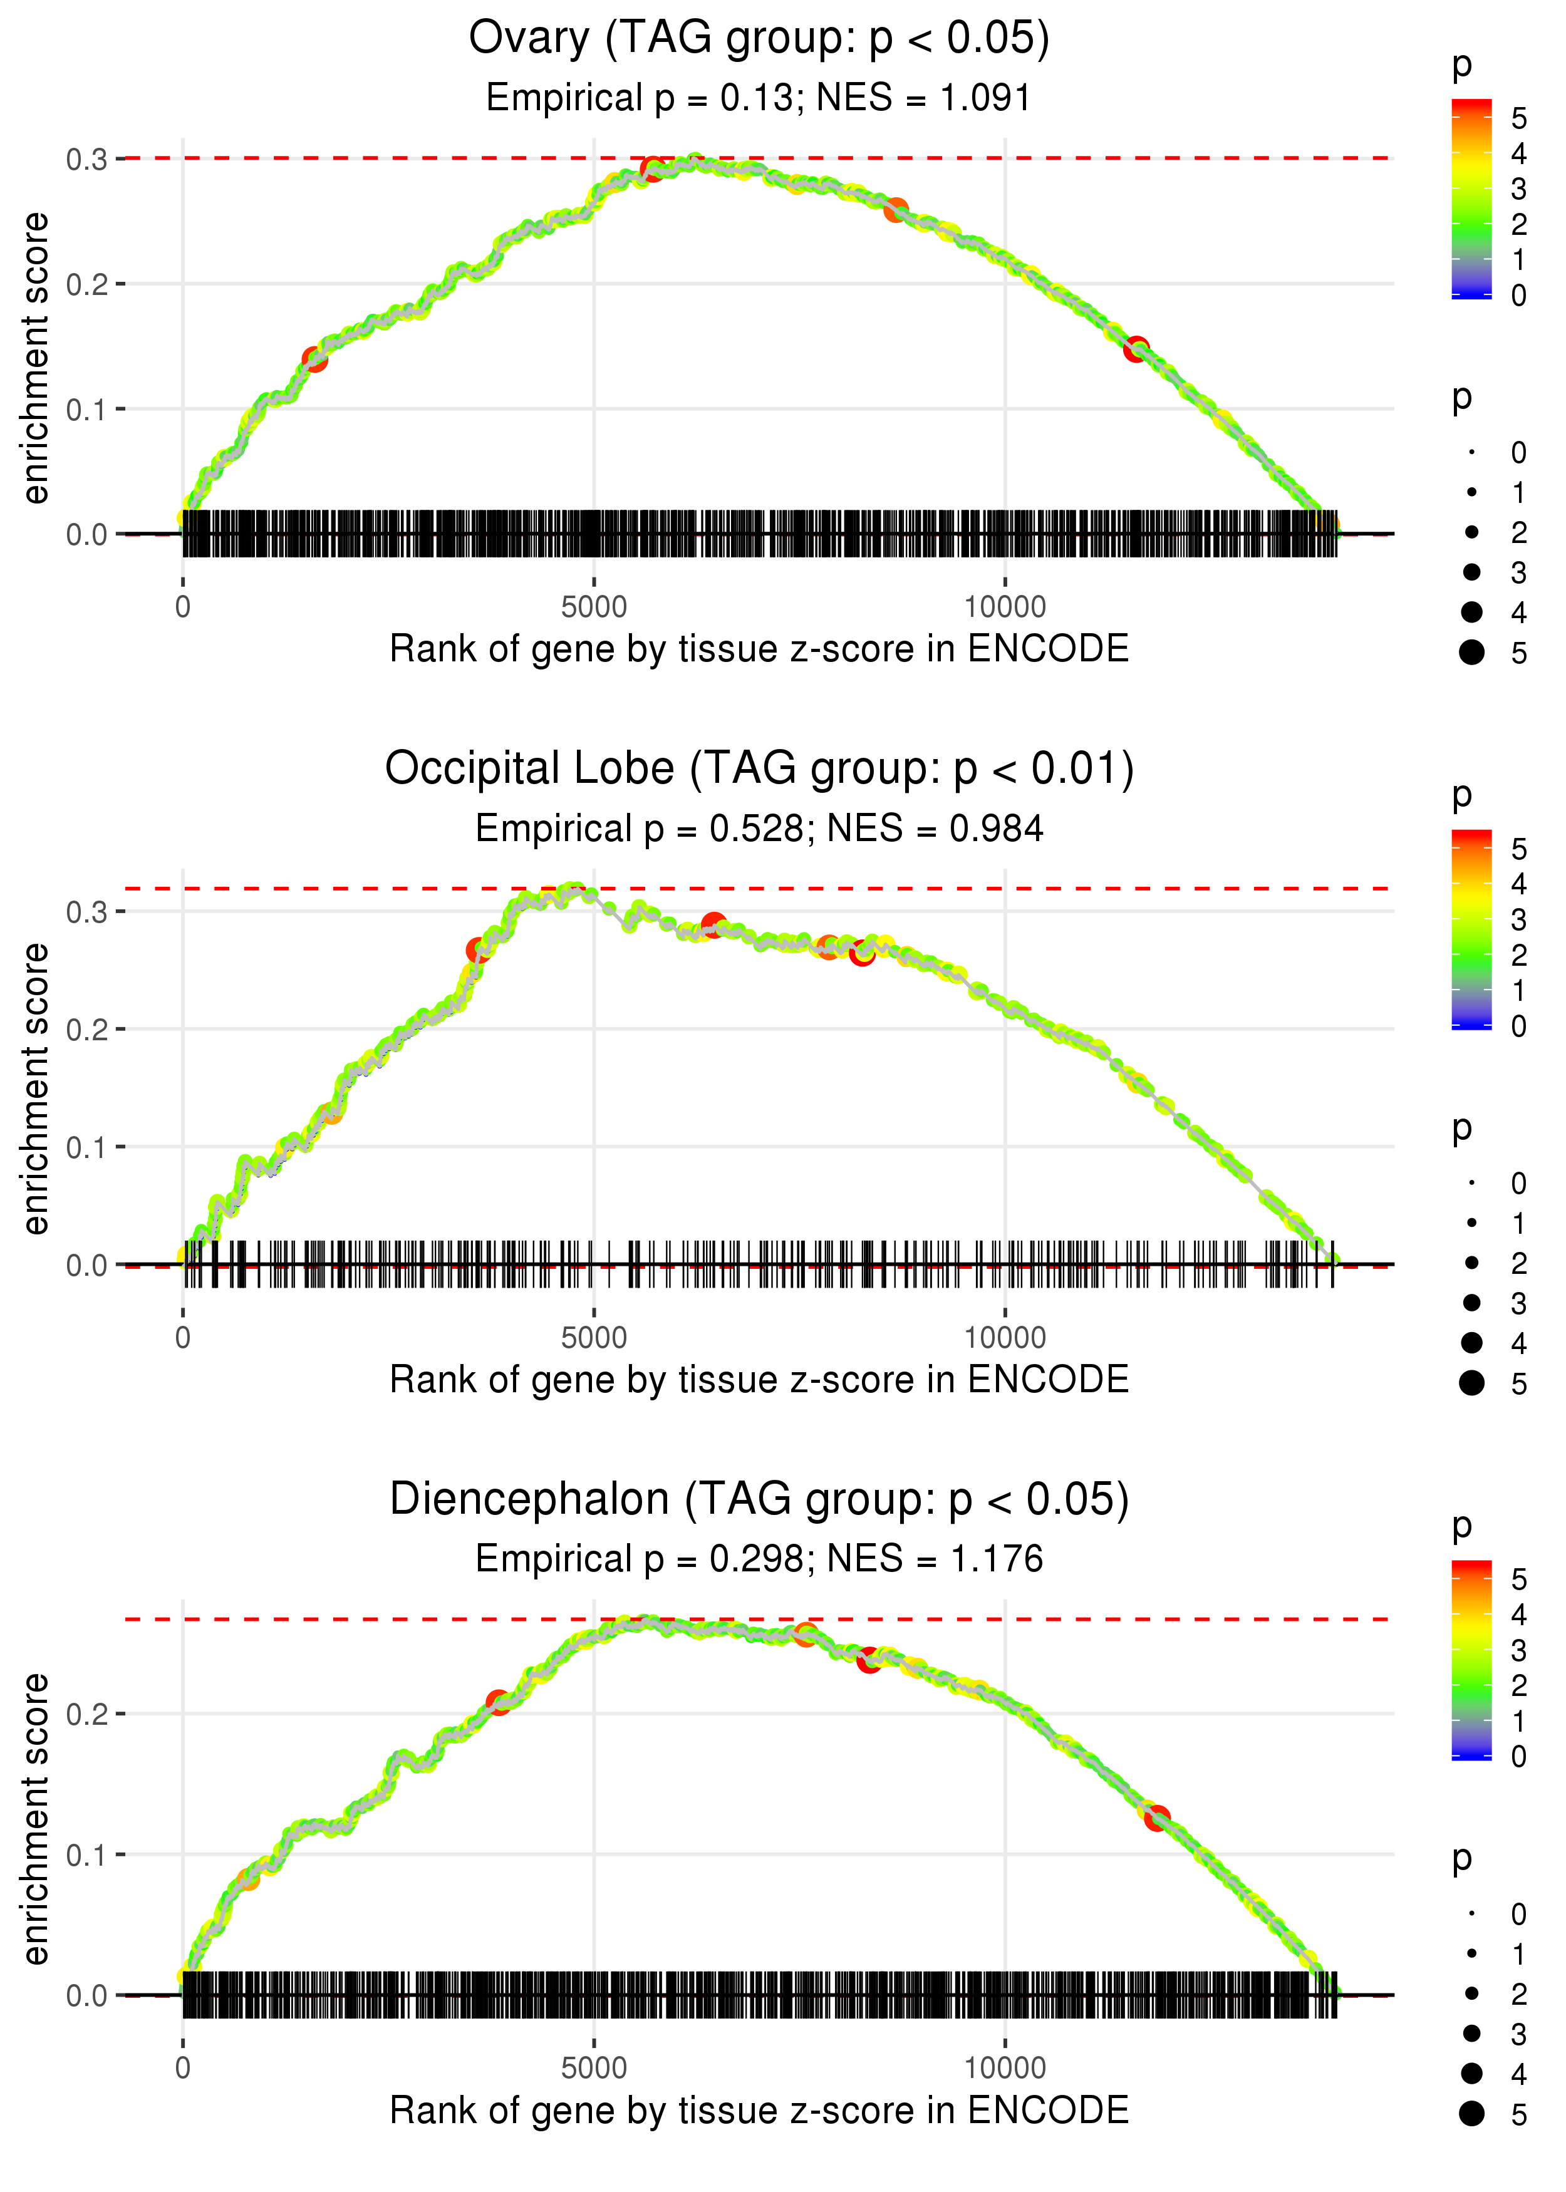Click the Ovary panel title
(759, 39)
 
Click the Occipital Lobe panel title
(759, 769)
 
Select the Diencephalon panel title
(759, 1500)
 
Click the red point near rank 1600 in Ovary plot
(315, 359)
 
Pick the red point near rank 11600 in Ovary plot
(1136, 349)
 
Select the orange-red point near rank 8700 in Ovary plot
(896, 209)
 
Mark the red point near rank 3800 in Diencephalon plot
(497, 1702)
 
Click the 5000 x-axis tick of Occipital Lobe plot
(593, 1338)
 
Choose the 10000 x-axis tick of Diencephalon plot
(1005, 2069)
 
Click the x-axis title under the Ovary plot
(759, 649)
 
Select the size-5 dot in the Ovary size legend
(1471, 653)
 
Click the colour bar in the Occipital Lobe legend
(1471, 928)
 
